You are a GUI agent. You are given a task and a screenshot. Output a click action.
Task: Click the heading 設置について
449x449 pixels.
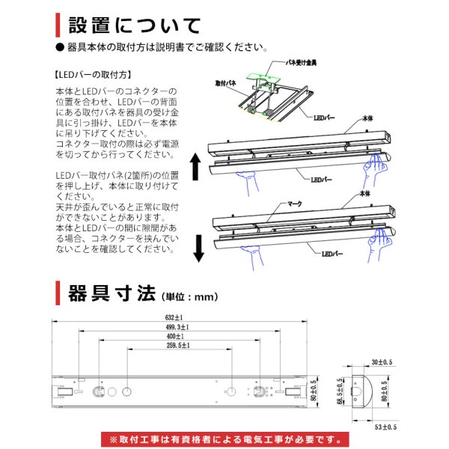[135, 26]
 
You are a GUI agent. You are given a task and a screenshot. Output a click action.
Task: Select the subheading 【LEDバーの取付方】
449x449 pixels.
[94, 75]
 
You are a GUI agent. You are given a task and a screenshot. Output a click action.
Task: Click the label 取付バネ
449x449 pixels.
[225, 85]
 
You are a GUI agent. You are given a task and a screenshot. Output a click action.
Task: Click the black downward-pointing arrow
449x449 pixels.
[198, 246]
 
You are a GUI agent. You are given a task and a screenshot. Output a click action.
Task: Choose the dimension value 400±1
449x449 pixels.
[180, 337]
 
